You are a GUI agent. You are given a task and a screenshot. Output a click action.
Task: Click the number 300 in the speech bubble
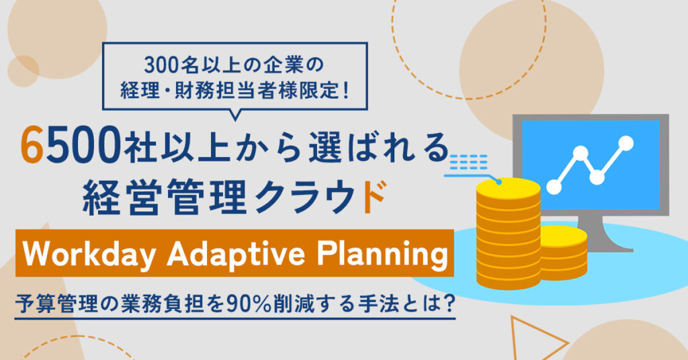coord(160,66)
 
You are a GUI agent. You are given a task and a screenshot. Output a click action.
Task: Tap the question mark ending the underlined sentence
coord(447,304)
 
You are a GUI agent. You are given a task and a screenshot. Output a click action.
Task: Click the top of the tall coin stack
coord(508,187)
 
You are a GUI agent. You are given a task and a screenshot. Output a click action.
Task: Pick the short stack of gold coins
coord(564,253)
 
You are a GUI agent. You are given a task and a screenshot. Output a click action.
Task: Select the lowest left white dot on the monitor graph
coord(554,187)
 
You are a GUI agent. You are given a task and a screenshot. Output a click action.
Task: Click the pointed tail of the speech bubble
coord(235,116)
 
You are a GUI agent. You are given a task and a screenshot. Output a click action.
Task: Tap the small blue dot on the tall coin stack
coord(499,181)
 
